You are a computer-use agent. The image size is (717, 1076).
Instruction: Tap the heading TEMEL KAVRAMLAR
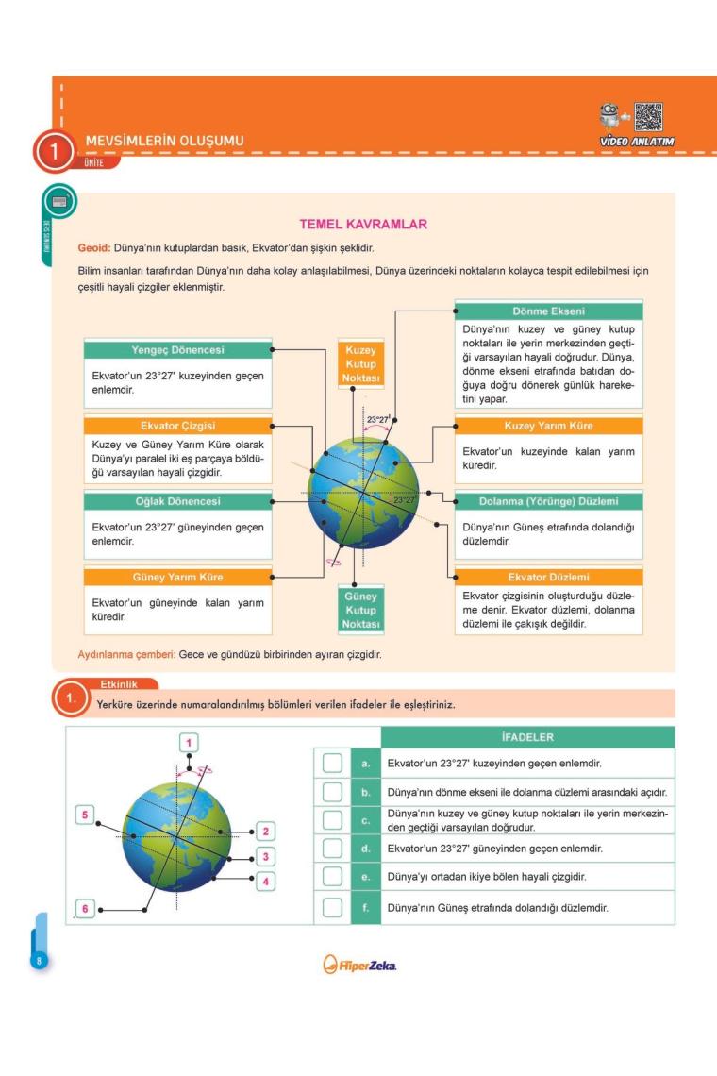coord(363,225)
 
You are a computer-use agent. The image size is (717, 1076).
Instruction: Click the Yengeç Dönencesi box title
coord(177,350)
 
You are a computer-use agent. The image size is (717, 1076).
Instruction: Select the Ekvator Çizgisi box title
coord(177,426)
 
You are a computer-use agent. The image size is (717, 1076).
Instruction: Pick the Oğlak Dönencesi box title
coord(177,501)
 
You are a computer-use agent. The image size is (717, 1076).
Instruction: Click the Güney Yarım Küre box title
coord(177,577)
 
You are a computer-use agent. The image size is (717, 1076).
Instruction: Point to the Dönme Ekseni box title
coord(548,311)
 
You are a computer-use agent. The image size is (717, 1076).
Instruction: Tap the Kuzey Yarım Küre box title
coord(548,426)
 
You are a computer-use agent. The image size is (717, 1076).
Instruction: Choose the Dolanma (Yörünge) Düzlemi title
coord(548,501)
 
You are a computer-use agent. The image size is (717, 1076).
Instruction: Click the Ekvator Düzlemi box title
coord(548,577)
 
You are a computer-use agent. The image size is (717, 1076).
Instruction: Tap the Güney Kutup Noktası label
coord(360,611)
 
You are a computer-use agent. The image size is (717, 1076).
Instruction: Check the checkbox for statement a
coord(332,763)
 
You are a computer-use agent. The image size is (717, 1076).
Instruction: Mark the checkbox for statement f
coord(332,908)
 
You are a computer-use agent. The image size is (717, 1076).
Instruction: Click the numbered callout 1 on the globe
coord(189,743)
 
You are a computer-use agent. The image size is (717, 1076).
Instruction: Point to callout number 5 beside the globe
coord(85,815)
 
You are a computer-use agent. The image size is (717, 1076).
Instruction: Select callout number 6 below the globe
coord(85,908)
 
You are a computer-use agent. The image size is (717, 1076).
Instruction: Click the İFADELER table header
coord(527,736)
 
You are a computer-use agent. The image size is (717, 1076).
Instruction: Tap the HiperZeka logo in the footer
coord(359,965)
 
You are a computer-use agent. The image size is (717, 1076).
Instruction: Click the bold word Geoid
coord(93,248)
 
